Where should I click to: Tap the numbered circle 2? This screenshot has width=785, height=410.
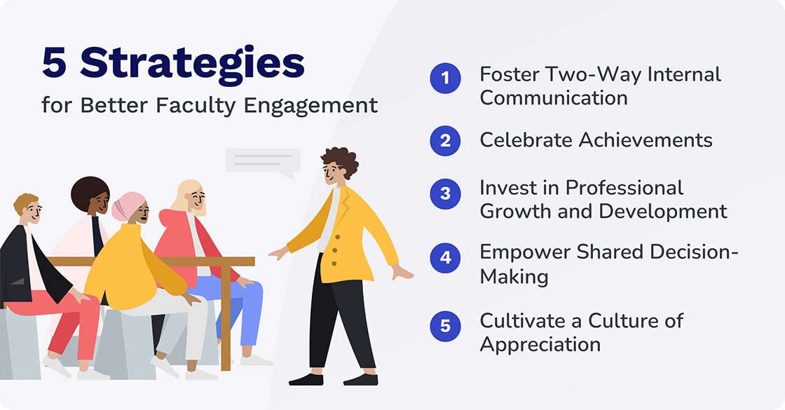445,141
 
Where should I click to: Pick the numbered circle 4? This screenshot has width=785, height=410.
445,257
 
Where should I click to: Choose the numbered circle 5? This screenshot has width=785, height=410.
445,325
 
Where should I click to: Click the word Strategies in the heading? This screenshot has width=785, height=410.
192,65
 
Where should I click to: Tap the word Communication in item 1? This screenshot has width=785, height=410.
554,97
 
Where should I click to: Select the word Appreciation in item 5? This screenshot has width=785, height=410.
540,345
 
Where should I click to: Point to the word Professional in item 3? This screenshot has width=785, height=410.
624,188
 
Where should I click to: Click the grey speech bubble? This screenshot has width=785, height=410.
263,160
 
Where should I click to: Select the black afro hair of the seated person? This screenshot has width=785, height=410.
90,192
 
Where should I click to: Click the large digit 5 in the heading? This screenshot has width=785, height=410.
57,64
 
